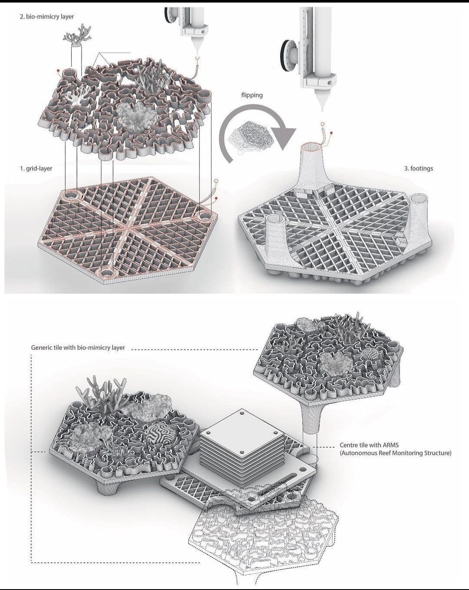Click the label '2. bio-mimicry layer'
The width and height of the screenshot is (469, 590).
(x=47, y=17)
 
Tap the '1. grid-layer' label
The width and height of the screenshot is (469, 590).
(x=36, y=168)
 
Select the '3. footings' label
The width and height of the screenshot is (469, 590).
(x=419, y=168)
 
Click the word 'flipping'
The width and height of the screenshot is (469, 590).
(x=251, y=95)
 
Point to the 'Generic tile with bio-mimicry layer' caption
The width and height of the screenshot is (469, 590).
(x=78, y=348)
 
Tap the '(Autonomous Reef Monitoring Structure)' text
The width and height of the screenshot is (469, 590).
(x=396, y=453)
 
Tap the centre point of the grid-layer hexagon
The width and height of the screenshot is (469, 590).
(x=128, y=227)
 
